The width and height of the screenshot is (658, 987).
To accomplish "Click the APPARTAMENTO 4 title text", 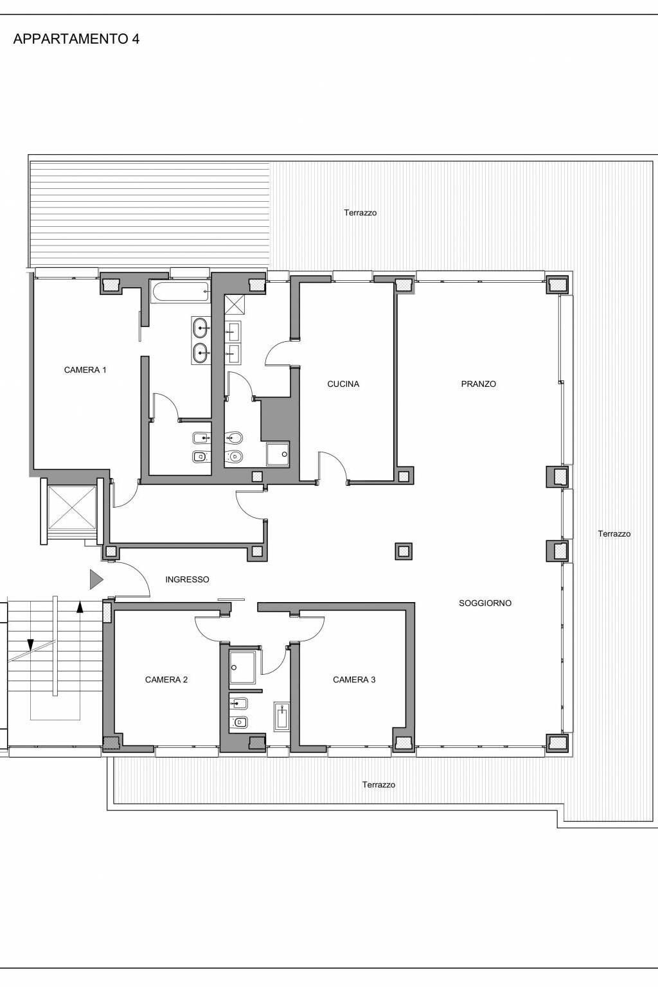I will pyautogui.click(x=76, y=39).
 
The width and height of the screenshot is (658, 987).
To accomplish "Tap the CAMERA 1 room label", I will pyautogui.click(x=85, y=370).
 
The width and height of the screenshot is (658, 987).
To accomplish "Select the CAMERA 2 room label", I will pyautogui.click(x=166, y=680).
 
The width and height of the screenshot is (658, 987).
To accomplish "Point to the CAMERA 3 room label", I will pyautogui.click(x=354, y=680).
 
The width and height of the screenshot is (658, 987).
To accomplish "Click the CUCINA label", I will pyautogui.click(x=343, y=384).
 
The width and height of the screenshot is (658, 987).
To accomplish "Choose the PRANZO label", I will pyautogui.click(x=479, y=384).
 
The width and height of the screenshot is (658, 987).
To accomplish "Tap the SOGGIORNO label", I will pyautogui.click(x=485, y=603).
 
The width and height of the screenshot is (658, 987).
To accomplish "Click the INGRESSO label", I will pyautogui.click(x=187, y=580).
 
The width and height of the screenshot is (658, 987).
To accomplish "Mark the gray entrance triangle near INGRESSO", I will pyautogui.click(x=96, y=580).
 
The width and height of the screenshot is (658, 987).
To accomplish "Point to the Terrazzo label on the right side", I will pyautogui.click(x=614, y=534).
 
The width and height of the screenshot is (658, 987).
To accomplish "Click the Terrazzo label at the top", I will pyautogui.click(x=360, y=213).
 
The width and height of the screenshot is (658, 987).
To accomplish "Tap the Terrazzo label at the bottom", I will pyautogui.click(x=378, y=785).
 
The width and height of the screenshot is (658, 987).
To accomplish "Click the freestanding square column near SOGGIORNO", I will pyautogui.click(x=403, y=551).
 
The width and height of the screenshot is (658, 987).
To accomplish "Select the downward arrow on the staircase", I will pyautogui.click(x=30, y=644).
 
